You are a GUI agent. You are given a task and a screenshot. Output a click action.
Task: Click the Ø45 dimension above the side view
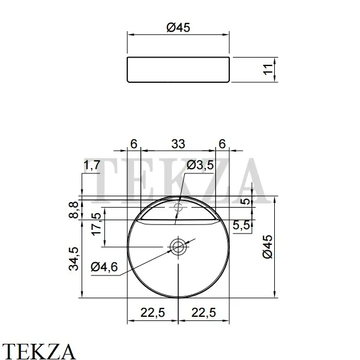click(x=179, y=28)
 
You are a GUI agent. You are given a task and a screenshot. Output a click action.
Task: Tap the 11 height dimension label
click(x=268, y=69)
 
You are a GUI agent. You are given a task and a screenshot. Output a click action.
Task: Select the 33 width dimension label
click(x=178, y=144)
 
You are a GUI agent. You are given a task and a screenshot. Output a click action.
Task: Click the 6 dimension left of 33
click(x=134, y=144)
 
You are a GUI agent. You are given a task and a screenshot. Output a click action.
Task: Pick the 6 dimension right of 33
click(x=223, y=144)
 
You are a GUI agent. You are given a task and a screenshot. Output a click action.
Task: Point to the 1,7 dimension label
click(x=91, y=165)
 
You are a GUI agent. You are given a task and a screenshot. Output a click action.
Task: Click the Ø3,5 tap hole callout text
click(x=200, y=165)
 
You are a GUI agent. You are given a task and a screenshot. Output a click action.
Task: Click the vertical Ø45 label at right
click(x=268, y=247)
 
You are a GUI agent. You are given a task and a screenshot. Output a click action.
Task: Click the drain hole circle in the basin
click(x=178, y=246)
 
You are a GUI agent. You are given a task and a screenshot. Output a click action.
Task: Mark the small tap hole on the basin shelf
click(x=178, y=208)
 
